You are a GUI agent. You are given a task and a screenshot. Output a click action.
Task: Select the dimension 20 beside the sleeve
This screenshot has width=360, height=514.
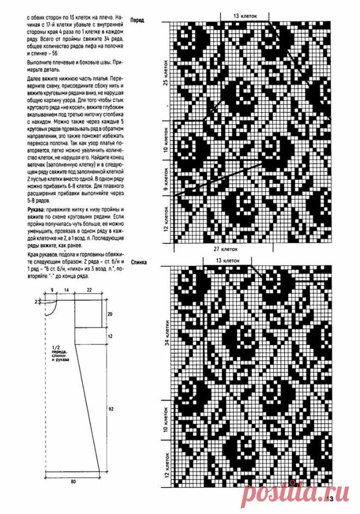point(110,314)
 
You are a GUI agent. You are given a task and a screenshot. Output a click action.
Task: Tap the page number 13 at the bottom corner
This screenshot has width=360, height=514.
point(329,498)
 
